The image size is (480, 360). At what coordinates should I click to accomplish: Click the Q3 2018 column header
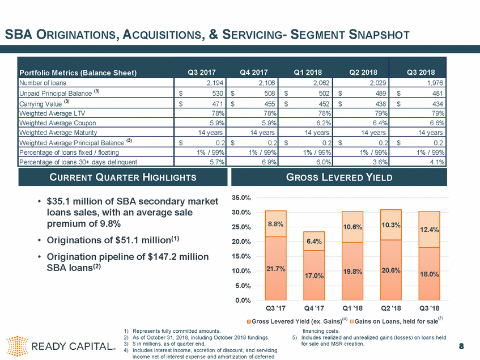pos(420,71)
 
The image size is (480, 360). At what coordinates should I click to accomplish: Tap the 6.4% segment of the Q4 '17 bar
pos(314,241)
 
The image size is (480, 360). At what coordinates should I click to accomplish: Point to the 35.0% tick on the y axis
pos(243,198)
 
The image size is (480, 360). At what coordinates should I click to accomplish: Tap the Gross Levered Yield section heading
pos(339,177)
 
